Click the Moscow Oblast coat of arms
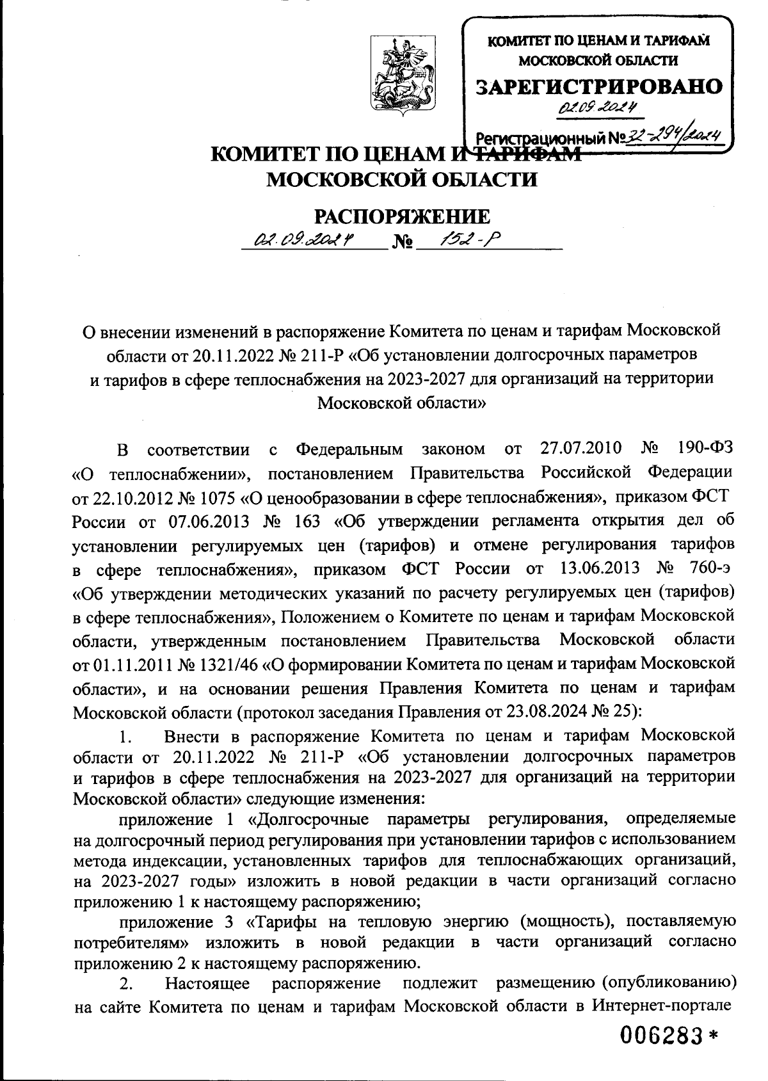click(x=400, y=76)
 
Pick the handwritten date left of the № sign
click(x=305, y=241)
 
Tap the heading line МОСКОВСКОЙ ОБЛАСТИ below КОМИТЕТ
click(x=401, y=180)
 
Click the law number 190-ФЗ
click(x=703, y=449)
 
